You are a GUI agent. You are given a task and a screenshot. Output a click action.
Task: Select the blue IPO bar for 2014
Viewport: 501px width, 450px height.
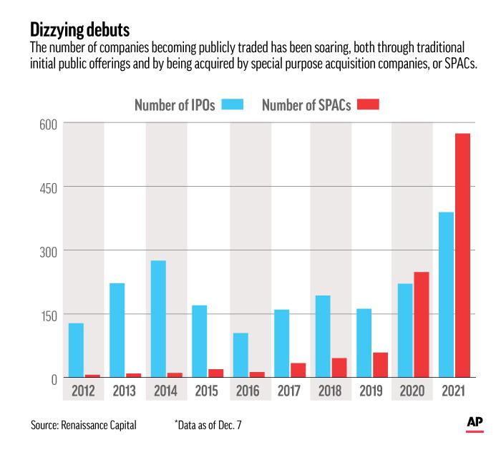158,319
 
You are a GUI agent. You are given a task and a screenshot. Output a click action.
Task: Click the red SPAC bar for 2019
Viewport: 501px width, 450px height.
381,365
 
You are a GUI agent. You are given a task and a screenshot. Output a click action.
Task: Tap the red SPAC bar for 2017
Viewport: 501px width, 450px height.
298,370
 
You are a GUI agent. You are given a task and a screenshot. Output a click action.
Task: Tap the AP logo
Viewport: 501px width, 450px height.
475,424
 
